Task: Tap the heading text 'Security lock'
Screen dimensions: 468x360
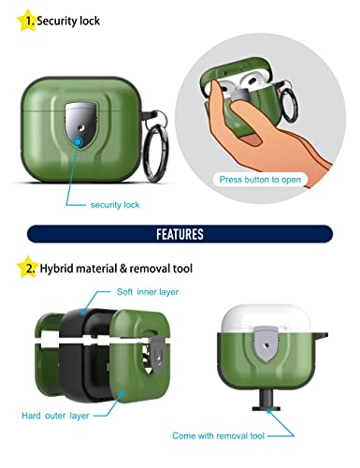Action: click(x=69, y=20)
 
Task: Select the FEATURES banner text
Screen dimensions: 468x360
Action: click(x=180, y=233)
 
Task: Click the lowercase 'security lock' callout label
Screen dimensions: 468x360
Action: click(x=115, y=204)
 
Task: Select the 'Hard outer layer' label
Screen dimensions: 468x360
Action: click(x=55, y=414)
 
